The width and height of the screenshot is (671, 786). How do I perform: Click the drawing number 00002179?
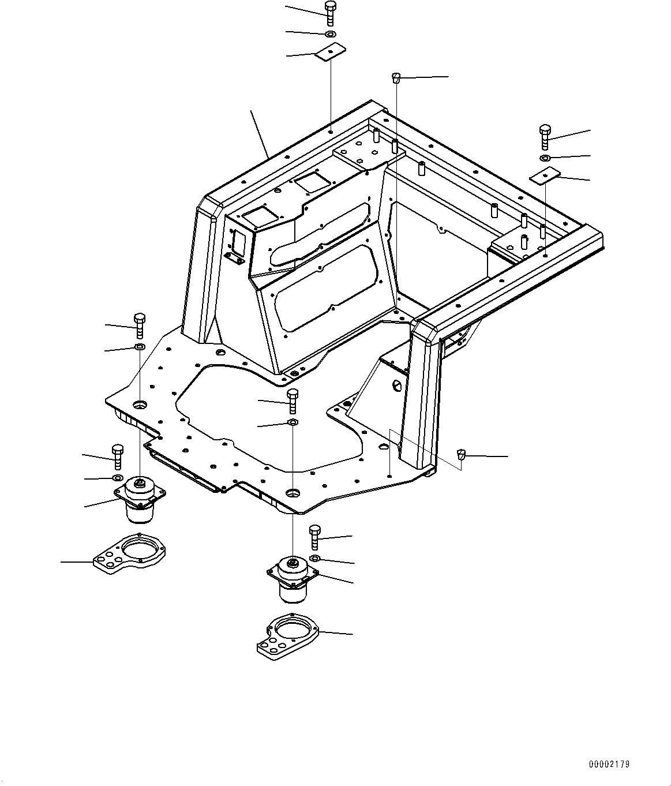click(x=609, y=764)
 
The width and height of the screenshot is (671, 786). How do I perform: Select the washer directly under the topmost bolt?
click(x=330, y=35)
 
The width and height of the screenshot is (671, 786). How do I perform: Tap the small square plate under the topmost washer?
click(x=329, y=53)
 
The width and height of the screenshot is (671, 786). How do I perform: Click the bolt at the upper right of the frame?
click(x=545, y=136)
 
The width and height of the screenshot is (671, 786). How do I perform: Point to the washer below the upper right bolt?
click(x=545, y=158)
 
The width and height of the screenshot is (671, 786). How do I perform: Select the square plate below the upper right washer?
click(x=546, y=175)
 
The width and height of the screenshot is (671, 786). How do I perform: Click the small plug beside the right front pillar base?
click(x=461, y=454)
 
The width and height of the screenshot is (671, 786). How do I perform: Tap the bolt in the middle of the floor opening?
click(x=293, y=400)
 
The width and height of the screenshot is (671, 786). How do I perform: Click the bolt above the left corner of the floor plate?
click(x=139, y=325)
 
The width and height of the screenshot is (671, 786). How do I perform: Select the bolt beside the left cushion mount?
click(x=117, y=456)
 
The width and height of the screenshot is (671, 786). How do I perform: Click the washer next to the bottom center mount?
click(x=315, y=558)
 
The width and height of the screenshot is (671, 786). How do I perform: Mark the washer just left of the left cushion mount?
click(x=117, y=478)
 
